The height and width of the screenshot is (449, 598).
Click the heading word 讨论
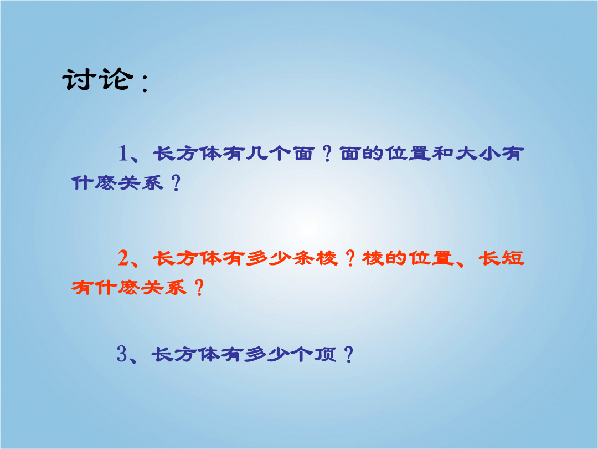[97, 80]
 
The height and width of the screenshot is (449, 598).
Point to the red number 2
[123, 258]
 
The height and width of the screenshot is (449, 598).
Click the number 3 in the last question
[122, 354]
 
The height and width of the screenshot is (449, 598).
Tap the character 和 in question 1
[442, 154]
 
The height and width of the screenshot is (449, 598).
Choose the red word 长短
[501, 258]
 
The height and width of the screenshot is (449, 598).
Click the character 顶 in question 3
[325, 354]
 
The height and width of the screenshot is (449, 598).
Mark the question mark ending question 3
[349, 354]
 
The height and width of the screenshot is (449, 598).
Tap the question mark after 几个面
[327, 154]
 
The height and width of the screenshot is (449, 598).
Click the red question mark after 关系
[199, 288]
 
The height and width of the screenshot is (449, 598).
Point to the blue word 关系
[141, 183]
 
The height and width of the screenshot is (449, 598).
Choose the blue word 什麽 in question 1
[94, 183]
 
